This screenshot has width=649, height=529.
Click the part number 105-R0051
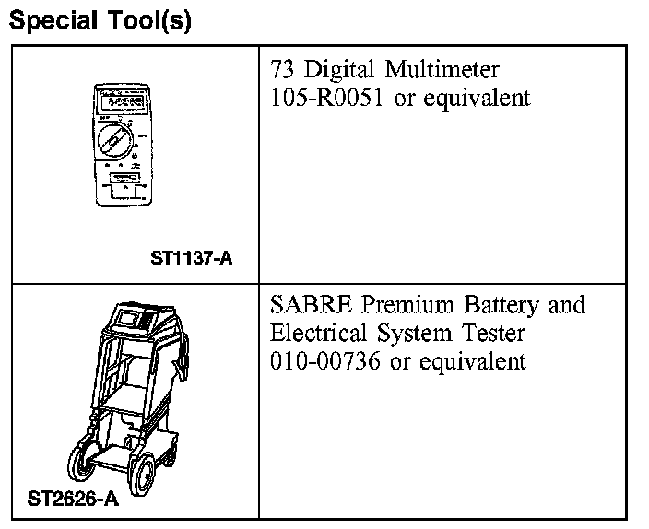pyautogui.click(x=328, y=99)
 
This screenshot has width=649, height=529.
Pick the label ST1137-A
pyautogui.click(x=191, y=259)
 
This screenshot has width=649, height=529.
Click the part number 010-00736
pyautogui.click(x=328, y=361)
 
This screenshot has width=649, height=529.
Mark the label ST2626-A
pyautogui.click(x=73, y=500)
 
